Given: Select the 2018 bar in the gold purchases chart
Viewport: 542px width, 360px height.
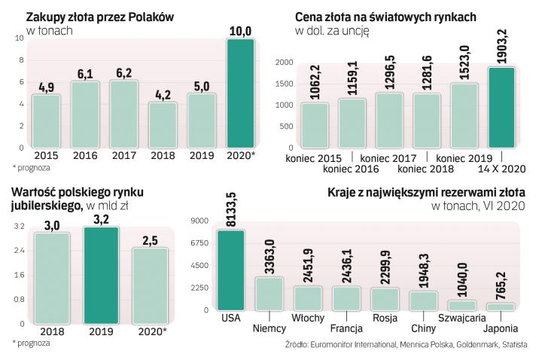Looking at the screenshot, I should click(x=163, y=125).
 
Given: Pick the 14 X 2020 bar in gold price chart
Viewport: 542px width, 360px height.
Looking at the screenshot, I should click(x=502, y=107).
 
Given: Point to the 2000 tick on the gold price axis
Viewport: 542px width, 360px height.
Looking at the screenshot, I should click(x=283, y=63).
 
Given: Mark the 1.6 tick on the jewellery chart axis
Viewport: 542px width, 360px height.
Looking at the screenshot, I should click(x=20, y=275).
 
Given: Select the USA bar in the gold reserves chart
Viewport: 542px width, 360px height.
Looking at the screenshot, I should click(x=230, y=270).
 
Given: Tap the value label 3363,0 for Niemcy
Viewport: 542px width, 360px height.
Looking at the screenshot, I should click(x=269, y=258).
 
